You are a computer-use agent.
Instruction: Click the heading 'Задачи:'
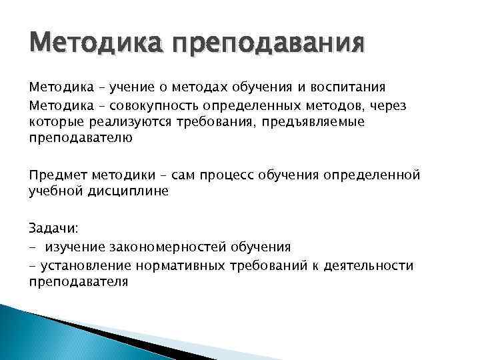point(53,228)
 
